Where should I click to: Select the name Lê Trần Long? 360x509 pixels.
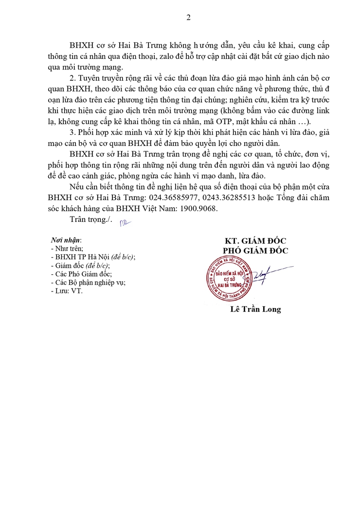(x=255, y=309)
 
